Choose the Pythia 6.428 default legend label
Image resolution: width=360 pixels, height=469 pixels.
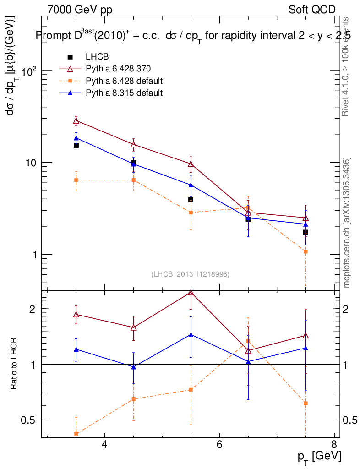124,81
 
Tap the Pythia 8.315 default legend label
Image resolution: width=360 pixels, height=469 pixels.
124,93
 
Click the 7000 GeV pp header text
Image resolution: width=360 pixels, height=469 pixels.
80,10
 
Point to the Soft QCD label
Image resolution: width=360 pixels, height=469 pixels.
312,10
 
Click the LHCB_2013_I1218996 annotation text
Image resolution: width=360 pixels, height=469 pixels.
190,274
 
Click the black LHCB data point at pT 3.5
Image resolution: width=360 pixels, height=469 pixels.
76,145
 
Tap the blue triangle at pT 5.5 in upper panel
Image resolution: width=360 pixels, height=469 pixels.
191,185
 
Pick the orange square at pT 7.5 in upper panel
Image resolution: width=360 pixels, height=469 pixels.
305,251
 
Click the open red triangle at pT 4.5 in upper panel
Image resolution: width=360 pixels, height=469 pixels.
133,145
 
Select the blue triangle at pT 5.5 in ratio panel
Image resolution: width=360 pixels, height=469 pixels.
191,334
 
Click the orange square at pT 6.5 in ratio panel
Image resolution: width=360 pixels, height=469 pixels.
248,341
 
